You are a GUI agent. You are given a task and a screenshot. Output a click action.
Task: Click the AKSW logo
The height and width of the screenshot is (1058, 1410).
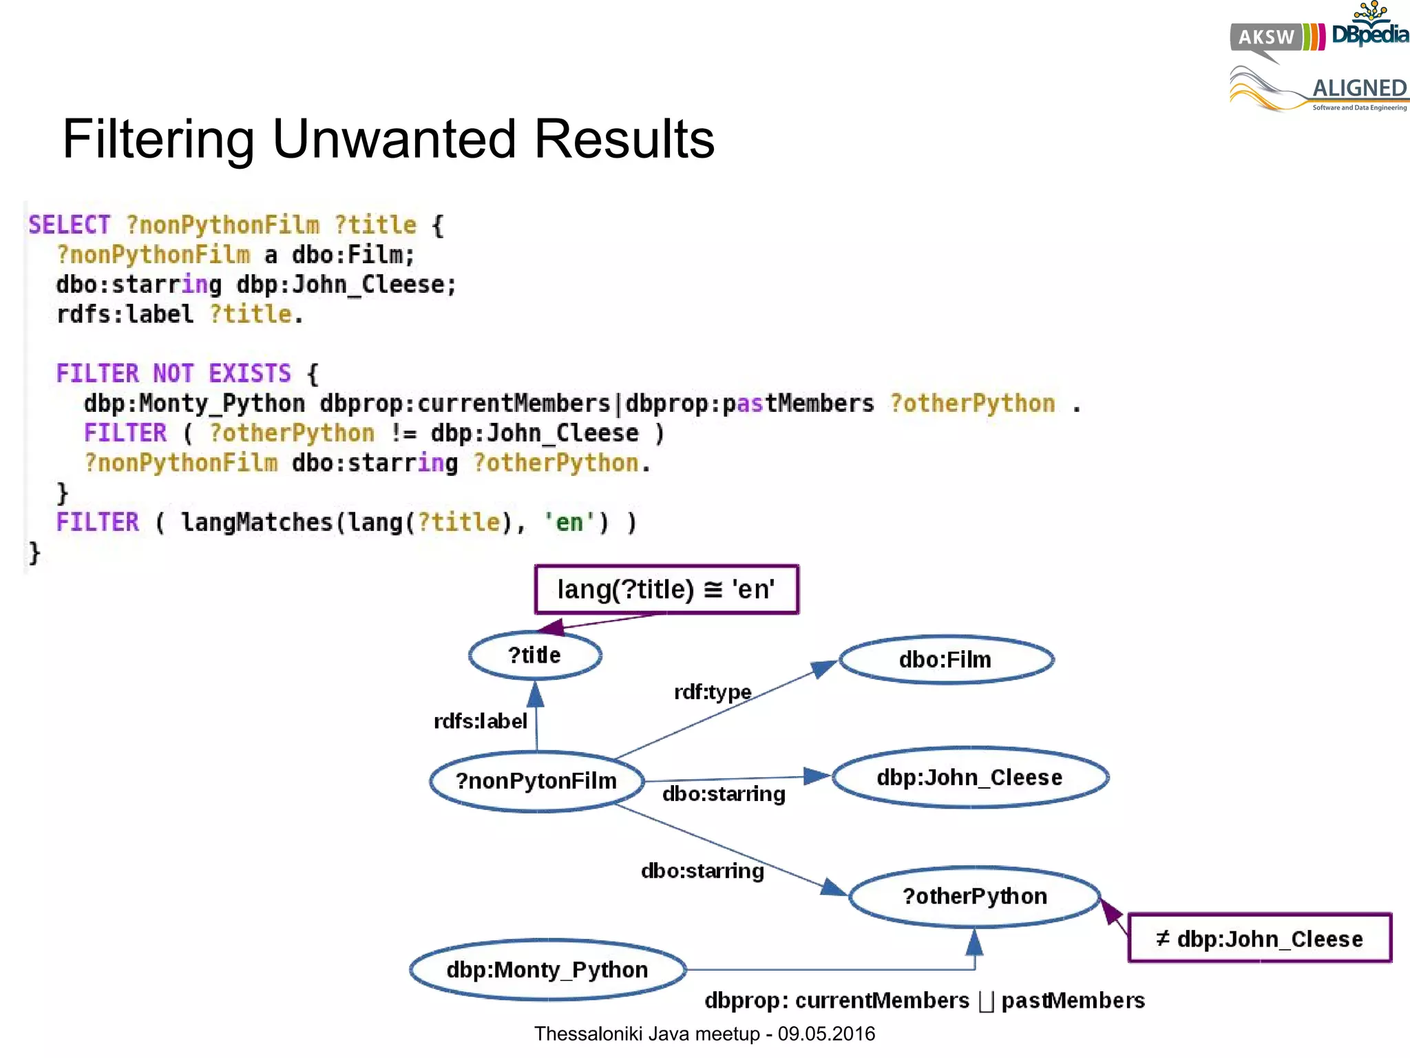(1267, 37)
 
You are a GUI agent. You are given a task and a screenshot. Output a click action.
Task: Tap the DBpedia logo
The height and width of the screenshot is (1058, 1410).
(1369, 31)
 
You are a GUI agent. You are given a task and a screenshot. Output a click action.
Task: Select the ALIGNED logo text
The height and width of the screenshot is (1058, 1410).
(1359, 88)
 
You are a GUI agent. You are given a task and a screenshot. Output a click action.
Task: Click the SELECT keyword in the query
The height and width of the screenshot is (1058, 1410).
(69, 225)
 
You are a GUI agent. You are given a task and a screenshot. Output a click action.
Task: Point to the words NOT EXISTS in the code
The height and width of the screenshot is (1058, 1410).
(222, 373)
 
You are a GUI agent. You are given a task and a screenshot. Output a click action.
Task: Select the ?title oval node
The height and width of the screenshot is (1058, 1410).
(535, 655)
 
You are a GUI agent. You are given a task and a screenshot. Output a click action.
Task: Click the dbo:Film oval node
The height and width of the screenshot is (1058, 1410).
(945, 660)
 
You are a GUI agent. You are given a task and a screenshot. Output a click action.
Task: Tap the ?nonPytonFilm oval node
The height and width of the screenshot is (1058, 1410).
(536, 781)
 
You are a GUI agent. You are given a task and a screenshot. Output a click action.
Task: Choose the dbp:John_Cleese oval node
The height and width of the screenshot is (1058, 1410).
(969, 778)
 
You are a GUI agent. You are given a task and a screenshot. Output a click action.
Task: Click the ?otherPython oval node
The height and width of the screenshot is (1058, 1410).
(974, 896)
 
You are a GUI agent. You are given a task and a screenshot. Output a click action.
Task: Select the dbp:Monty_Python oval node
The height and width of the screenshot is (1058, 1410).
(547, 970)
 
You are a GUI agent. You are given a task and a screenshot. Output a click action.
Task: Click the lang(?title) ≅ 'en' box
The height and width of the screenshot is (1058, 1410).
(666, 590)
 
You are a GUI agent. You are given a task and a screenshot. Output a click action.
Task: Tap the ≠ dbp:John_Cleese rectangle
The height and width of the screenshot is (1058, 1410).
(1259, 939)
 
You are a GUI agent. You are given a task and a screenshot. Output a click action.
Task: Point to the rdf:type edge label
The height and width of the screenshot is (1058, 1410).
(713, 692)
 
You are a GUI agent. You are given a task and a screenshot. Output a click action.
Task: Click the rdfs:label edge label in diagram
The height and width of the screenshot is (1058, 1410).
(480, 721)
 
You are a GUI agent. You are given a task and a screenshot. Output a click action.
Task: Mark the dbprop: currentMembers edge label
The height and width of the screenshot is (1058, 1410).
(836, 1000)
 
